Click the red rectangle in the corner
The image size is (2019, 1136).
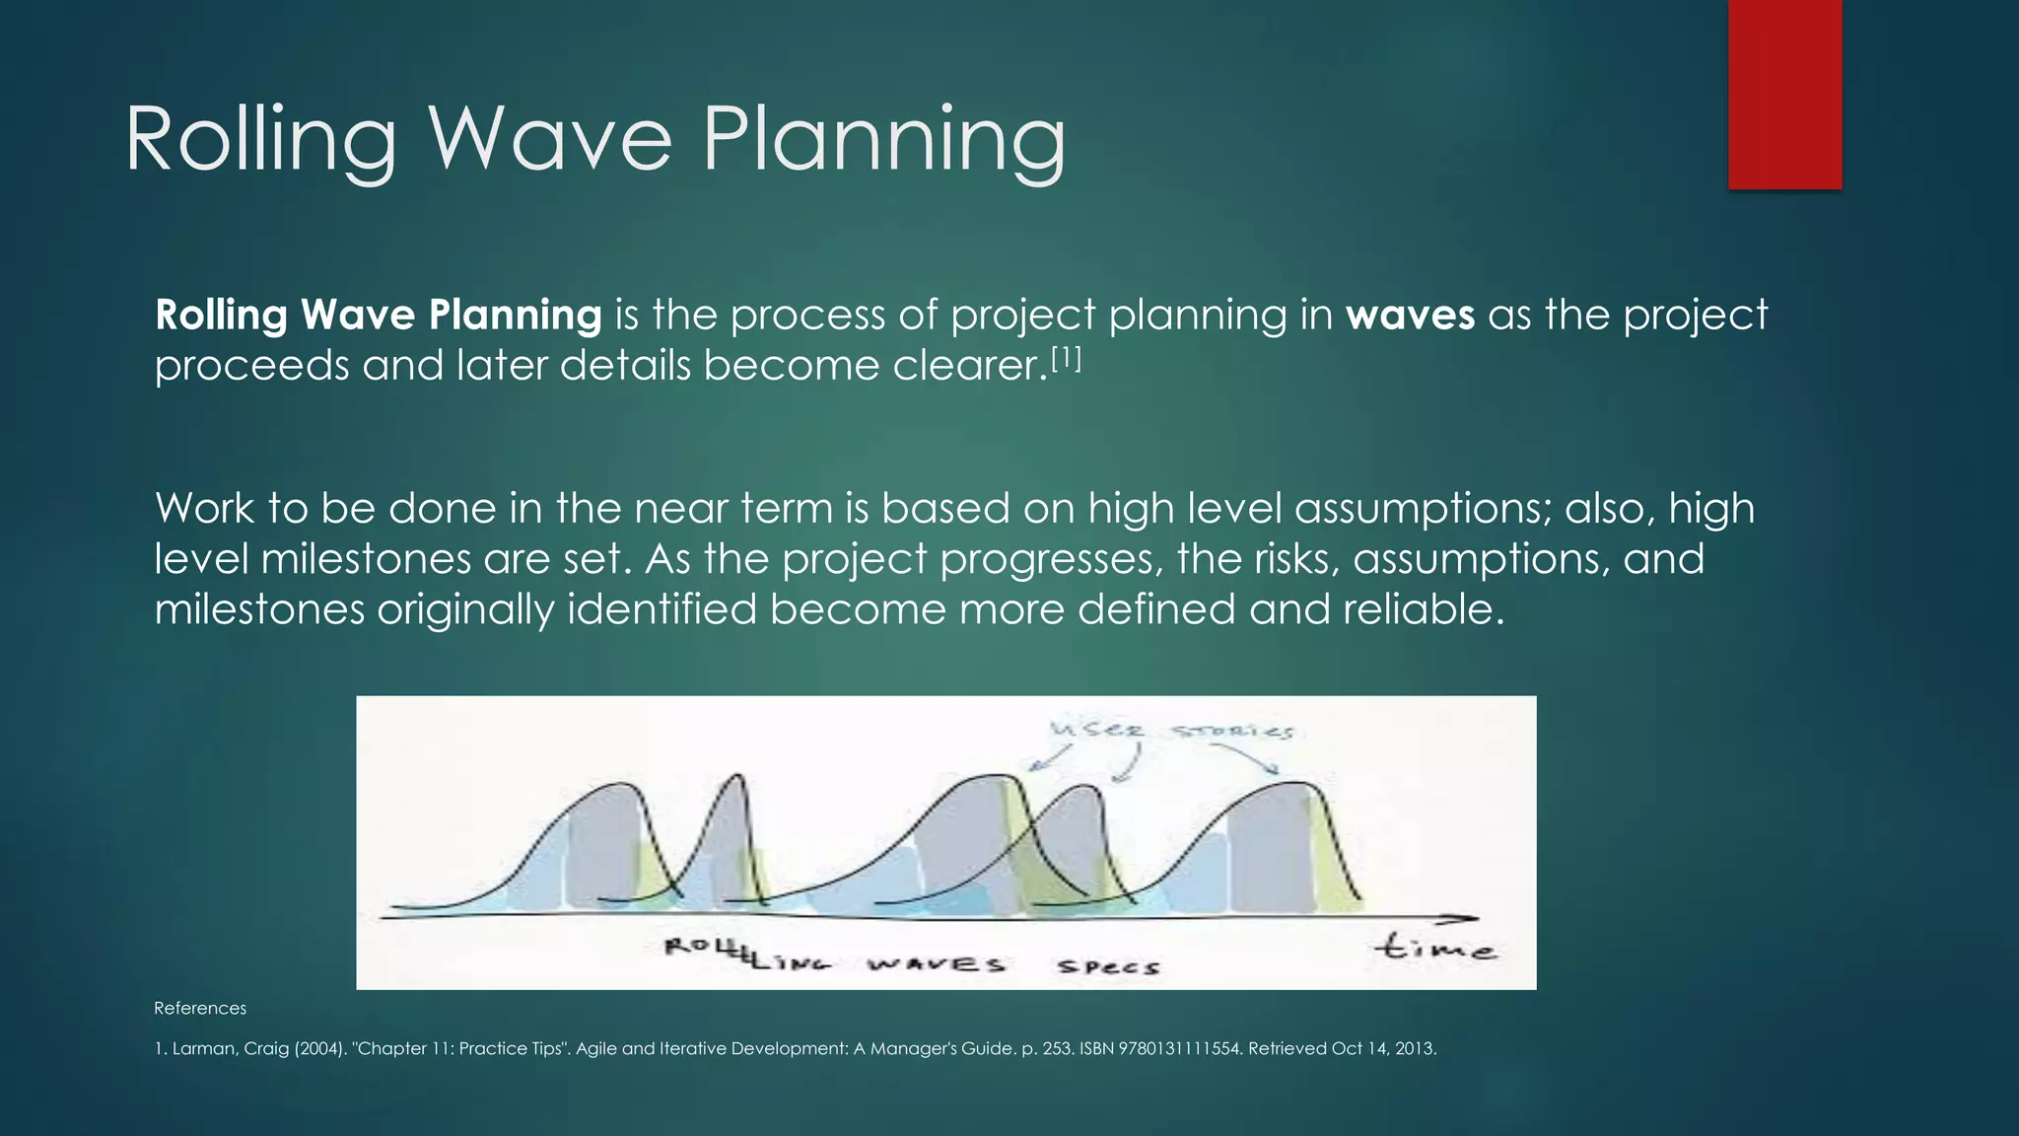1784,94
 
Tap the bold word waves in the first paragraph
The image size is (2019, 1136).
1410,316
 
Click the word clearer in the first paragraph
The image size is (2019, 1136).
968,366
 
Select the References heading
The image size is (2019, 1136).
200,1008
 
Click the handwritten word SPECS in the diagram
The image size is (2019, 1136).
1108,966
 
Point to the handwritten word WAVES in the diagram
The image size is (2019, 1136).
937,963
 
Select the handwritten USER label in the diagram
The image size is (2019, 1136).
1097,731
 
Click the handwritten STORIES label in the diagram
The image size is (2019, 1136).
1232,732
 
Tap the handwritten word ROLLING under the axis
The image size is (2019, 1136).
746,955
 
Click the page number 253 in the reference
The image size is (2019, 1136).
1057,1048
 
